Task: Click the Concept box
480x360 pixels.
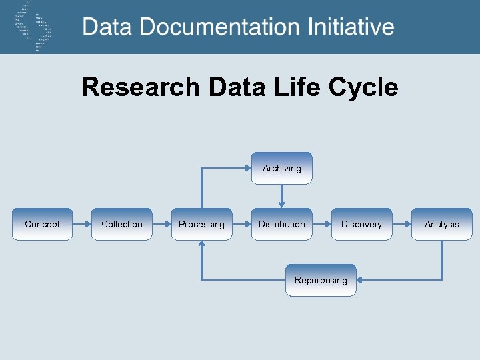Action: [x=42, y=224]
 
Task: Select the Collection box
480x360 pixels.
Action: [x=122, y=224]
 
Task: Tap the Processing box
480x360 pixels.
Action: [x=201, y=224]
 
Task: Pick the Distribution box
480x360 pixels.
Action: [x=281, y=224]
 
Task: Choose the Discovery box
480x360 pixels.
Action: [x=361, y=224]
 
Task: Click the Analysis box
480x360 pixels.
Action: [x=441, y=224]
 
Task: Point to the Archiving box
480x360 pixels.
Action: [x=281, y=169]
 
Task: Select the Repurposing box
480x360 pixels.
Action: [x=321, y=280]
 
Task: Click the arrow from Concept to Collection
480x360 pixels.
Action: [x=82, y=224]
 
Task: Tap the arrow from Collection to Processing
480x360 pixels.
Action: [x=162, y=224]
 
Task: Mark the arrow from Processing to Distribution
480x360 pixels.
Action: [x=241, y=224]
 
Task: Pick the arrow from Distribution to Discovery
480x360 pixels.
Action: [x=321, y=224]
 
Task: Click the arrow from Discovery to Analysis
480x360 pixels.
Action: [x=401, y=224]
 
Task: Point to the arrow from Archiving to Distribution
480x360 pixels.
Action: [x=282, y=196]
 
